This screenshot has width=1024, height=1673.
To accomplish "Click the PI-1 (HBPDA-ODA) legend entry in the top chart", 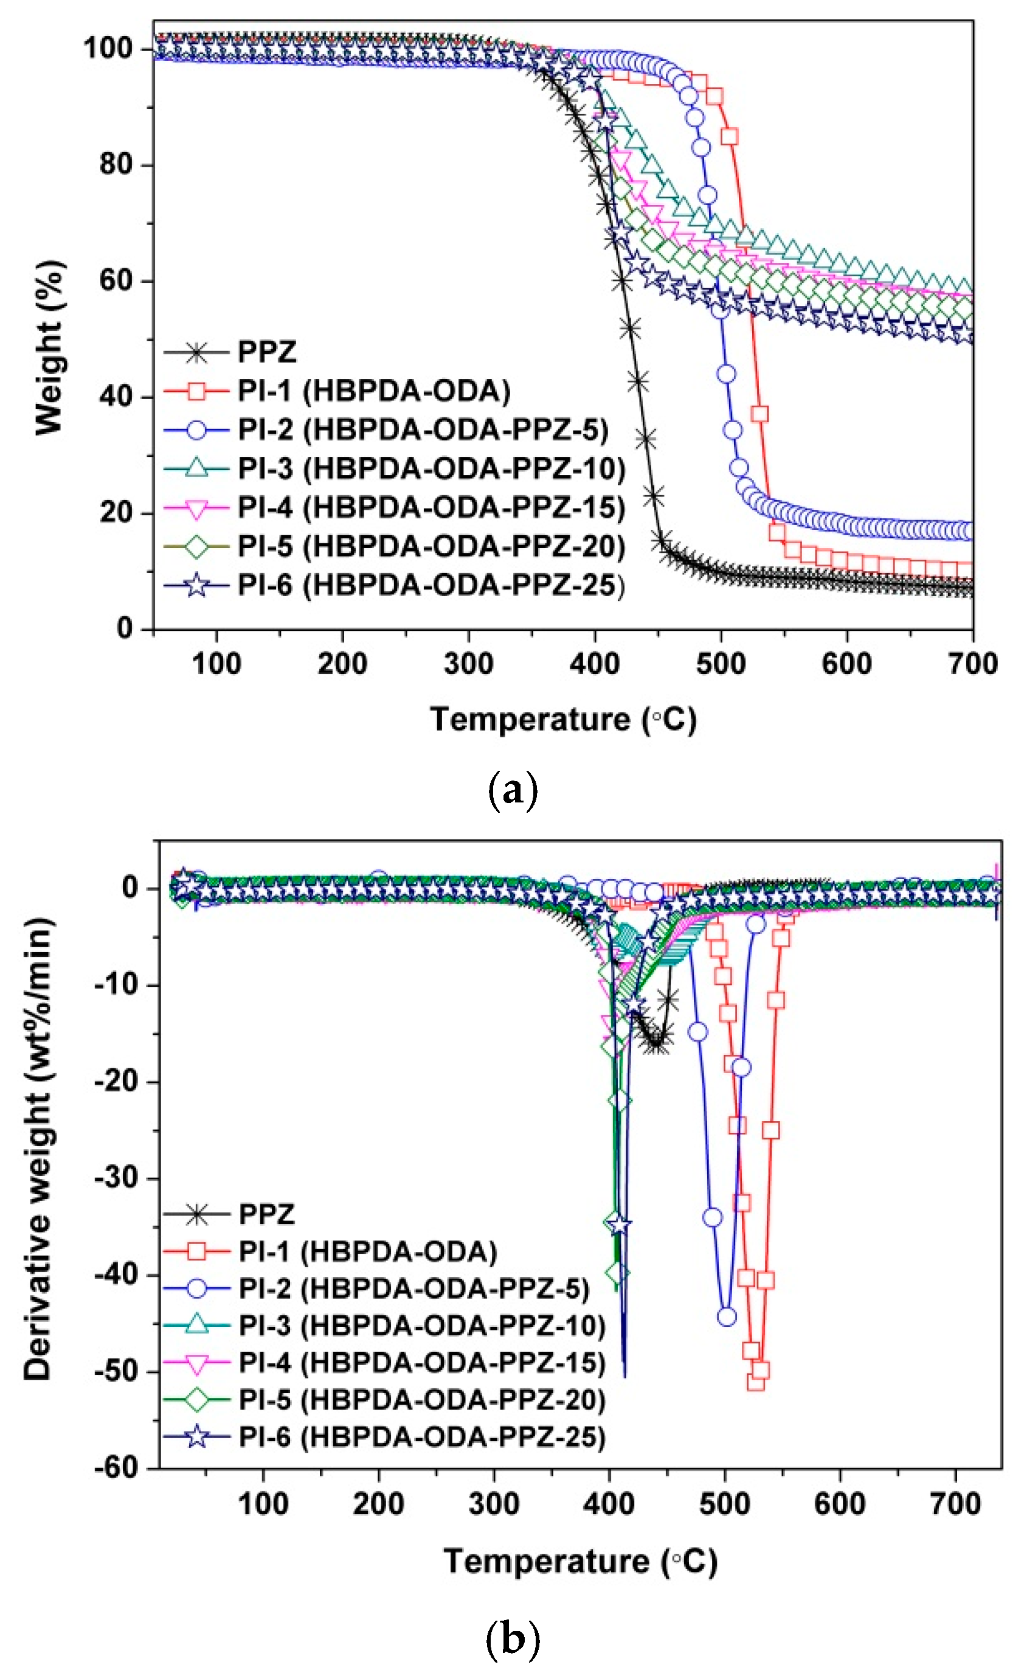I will tap(373, 391).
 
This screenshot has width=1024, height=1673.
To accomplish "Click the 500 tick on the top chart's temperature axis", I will tap(720, 663).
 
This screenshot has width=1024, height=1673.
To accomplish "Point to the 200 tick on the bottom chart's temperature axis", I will tap(378, 1504).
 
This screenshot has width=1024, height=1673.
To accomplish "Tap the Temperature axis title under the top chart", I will tap(562, 720).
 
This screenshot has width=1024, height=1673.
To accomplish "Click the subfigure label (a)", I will tap(513, 791).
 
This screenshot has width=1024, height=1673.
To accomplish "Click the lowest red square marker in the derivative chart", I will tap(755, 1381).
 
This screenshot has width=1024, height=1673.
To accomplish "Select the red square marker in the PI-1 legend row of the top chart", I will tap(196, 391).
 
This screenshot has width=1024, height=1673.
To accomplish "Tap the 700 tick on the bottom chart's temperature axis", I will tap(955, 1504).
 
